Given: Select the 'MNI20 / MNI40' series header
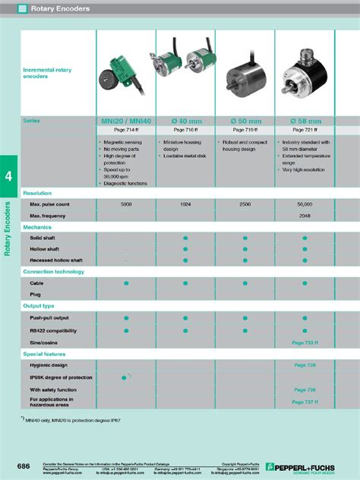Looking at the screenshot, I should pyautogui.click(x=125, y=121).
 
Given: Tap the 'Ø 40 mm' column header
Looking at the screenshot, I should pyautogui.click(x=185, y=121).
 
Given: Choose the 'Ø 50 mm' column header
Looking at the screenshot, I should pyautogui.click(x=245, y=121).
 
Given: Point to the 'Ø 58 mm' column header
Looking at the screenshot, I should pyautogui.click(x=305, y=121).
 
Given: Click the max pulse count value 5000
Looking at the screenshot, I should pyautogui.click(x=126, y=204).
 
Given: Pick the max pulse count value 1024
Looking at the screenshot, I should pyautogui.click(x=185, y=204).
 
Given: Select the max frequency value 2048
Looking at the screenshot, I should pyautogui.click(x=305, y=216).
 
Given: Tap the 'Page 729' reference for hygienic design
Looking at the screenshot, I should pyautogui.click(x=305, y=365).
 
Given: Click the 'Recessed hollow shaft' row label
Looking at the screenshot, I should pyautogui.click(x=56, y=260).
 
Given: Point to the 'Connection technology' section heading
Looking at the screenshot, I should pyautogui.click(x=53, y=271).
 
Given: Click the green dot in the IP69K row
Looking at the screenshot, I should pyautogui.click(x=125, y=377).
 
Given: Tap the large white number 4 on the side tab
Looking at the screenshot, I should pyautogui.click(x=8, y=175).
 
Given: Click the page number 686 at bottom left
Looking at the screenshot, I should pyautogui.click(x=25, y=465).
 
